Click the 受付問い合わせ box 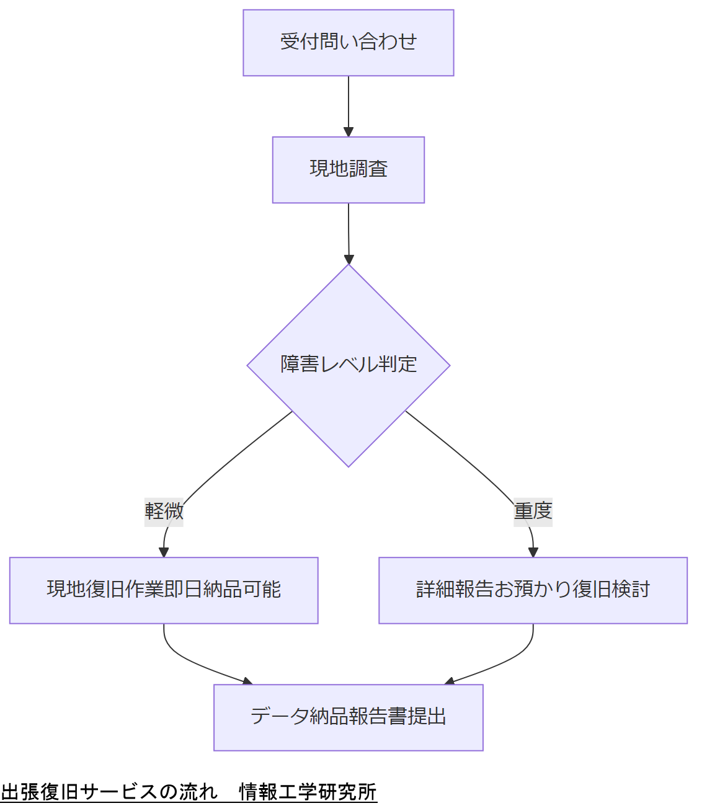[348, 43]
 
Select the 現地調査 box [348, 170]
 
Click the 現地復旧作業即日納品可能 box [164, 590]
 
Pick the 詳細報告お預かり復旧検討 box [533, 590]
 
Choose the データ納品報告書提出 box [348, 717]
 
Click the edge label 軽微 [164, 512]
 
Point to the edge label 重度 [533, 512]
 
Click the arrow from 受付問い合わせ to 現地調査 [348, 102]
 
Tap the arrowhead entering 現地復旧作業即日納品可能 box [164, 552]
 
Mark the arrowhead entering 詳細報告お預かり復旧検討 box [533, 552]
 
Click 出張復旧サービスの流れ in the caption [109, 792]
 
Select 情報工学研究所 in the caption [308, 792]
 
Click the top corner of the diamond [349, 266]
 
